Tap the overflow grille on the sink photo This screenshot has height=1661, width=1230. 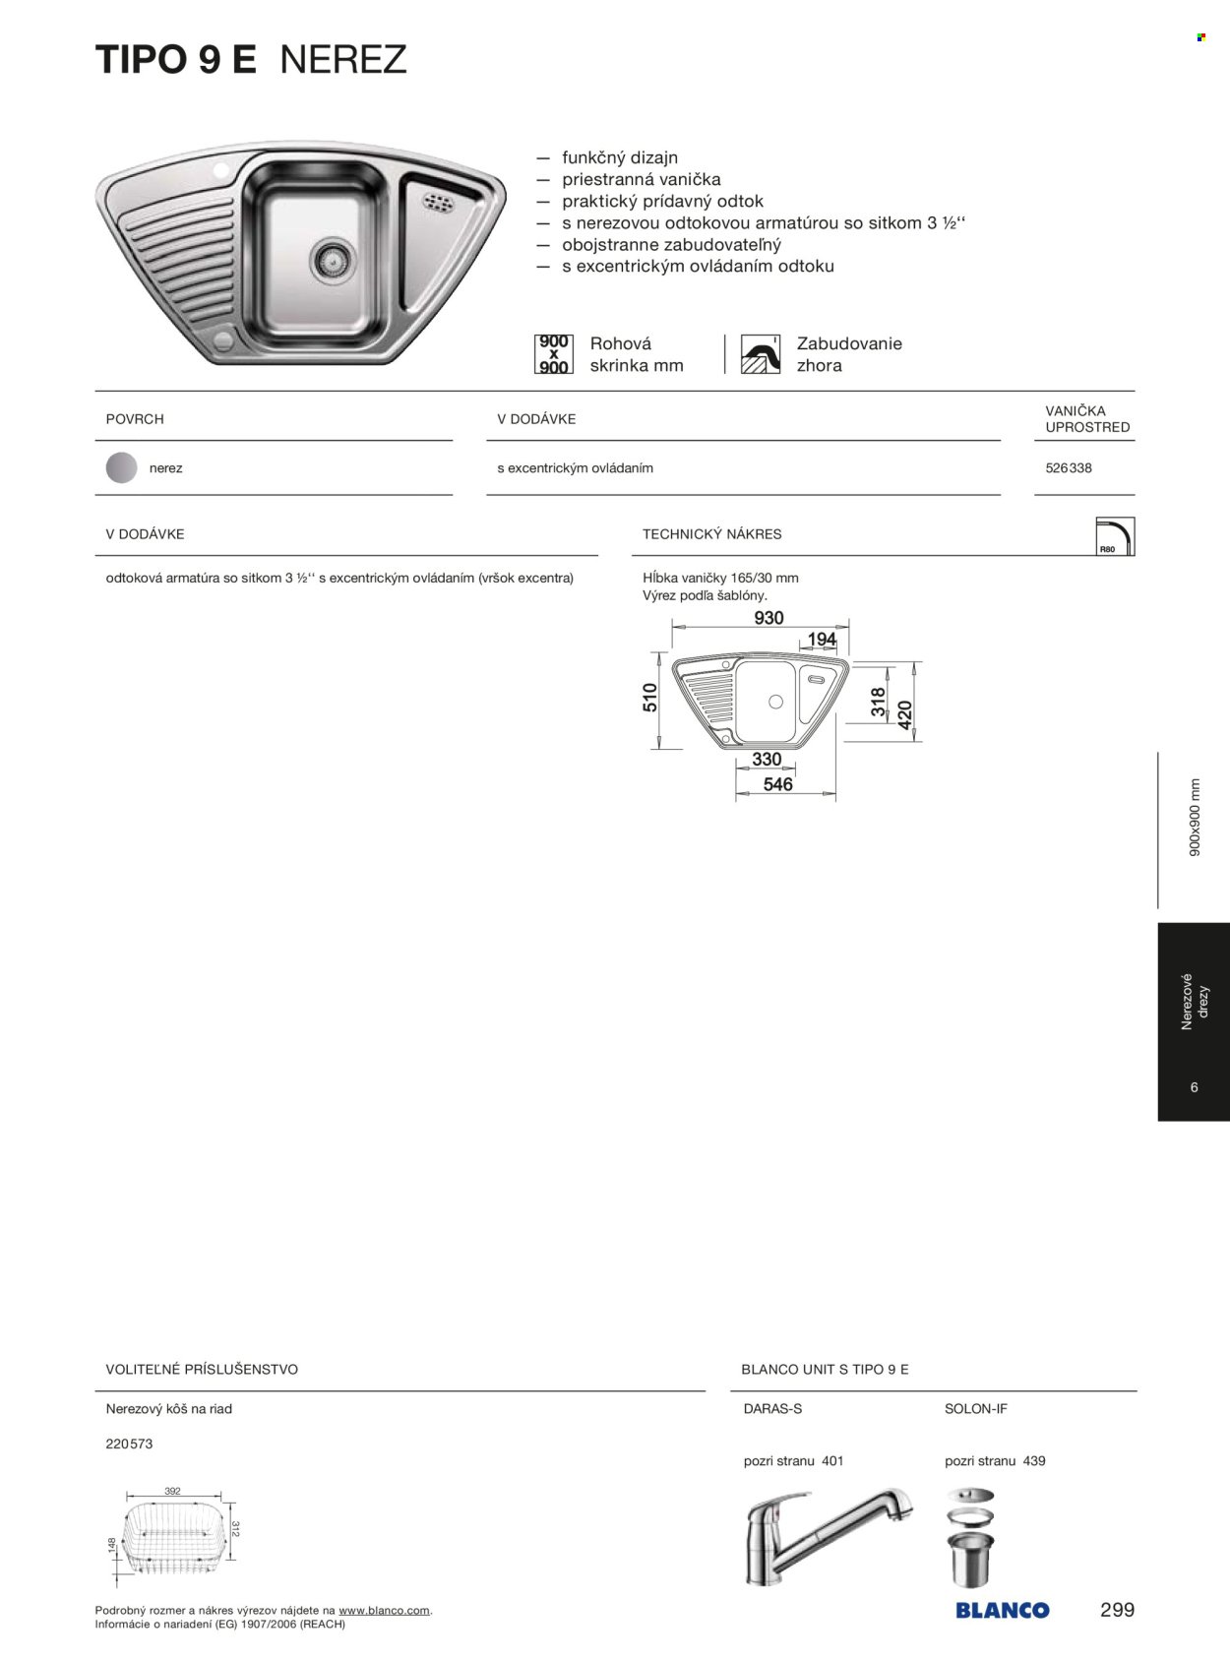click(438, 203)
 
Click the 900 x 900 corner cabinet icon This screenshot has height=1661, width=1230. click(553, 354)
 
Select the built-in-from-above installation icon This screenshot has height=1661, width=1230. click(760, 354)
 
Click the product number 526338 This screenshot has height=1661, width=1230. click(1068, 468)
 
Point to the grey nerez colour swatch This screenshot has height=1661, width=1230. click(121, 468)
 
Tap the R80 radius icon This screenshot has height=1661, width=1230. click(1114, 536)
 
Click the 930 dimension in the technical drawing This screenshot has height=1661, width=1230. click(769, 618)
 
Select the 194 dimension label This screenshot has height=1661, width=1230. click(822, 640)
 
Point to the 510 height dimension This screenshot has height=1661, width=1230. click(650, 697)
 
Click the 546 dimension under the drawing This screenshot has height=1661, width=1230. click(777, 784)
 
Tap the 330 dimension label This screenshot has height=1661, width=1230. click(767, 760)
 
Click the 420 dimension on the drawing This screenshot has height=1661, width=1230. click(905, 713)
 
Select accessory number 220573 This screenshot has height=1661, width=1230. click(129, 1445)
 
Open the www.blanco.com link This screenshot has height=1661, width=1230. click(384, 1611)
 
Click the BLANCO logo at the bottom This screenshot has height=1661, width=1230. click(1002, 1611)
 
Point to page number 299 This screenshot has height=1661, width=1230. click(1117, 1610)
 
